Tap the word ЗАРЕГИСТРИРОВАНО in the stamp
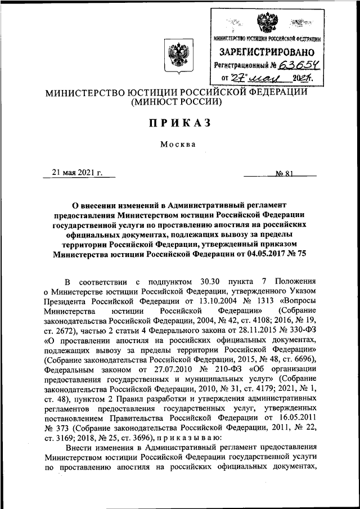pyautogui.click(x=267, y=51)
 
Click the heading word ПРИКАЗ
pyautogui.click(x=179, y=125)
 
